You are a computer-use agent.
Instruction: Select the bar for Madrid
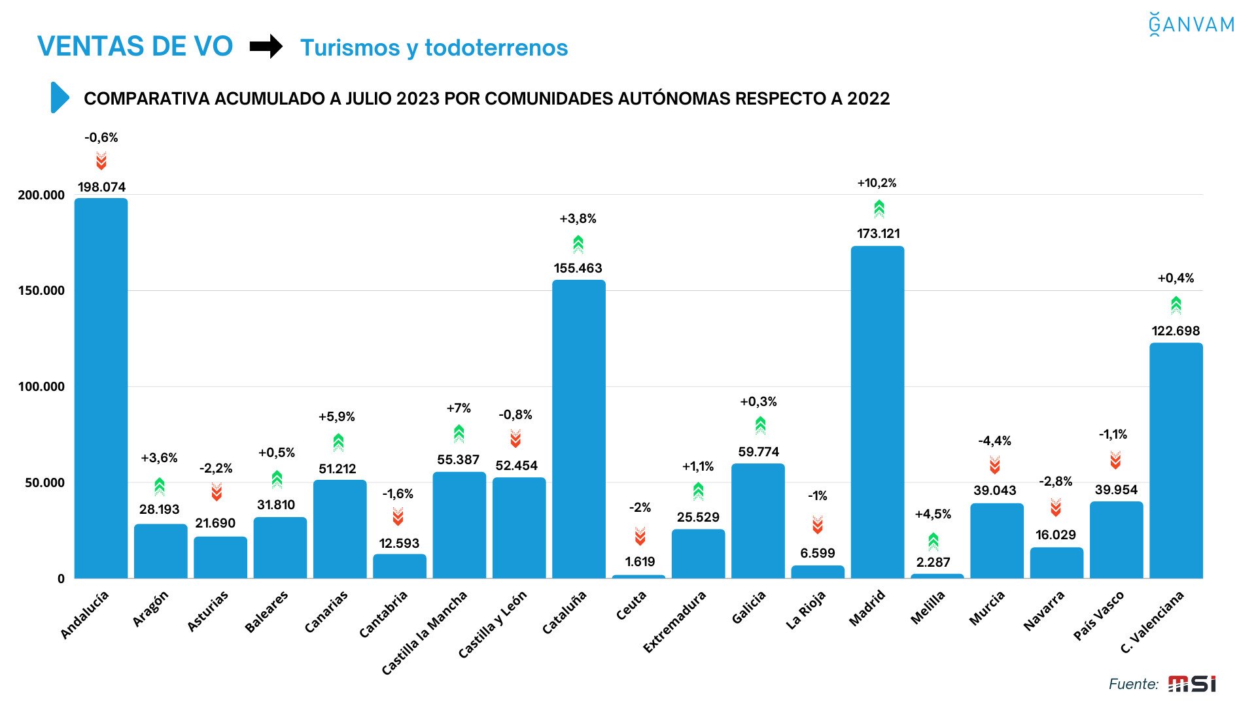877,412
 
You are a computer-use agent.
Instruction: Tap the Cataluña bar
578,429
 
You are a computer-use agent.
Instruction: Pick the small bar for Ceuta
638,576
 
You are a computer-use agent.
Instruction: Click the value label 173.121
878,233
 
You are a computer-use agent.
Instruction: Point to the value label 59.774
758,452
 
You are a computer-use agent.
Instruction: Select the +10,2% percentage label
877,183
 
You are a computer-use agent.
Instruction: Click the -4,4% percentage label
994,441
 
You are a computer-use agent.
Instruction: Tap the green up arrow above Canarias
338,442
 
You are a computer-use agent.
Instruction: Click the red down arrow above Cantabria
398,517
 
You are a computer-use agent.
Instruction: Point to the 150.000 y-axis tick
41,291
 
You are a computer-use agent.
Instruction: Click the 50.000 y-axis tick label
44,483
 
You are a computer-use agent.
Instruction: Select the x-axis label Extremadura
674,622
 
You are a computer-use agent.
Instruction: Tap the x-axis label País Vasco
1098,615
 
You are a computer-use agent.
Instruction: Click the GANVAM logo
1191,24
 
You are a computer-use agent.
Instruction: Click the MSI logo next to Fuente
1192,684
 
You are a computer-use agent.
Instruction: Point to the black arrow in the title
266,46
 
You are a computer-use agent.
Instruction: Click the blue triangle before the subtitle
60,98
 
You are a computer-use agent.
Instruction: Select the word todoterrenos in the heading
496,48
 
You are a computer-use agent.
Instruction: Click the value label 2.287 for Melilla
933,562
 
